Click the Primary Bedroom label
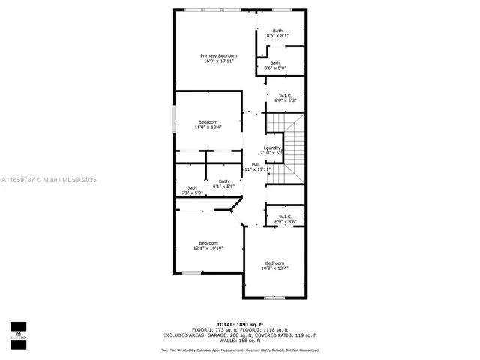[218, 59]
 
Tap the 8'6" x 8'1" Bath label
[277, 33]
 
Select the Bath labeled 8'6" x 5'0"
[275, 65]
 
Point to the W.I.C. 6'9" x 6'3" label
[286, 97]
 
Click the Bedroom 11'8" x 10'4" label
[208, 124]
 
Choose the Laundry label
[271, 150]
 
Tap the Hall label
[256, 166]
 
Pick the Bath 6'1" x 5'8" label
[223, 183]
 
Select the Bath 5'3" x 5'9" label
[192, 190]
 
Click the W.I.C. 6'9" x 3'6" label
[286, 219]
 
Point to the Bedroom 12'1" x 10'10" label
[208, 245]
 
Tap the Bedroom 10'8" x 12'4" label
[274, 265]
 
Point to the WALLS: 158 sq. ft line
[238, 341]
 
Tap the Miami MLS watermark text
[49, 180]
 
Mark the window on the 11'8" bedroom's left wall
[175, 120]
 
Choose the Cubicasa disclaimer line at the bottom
[239, 350]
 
